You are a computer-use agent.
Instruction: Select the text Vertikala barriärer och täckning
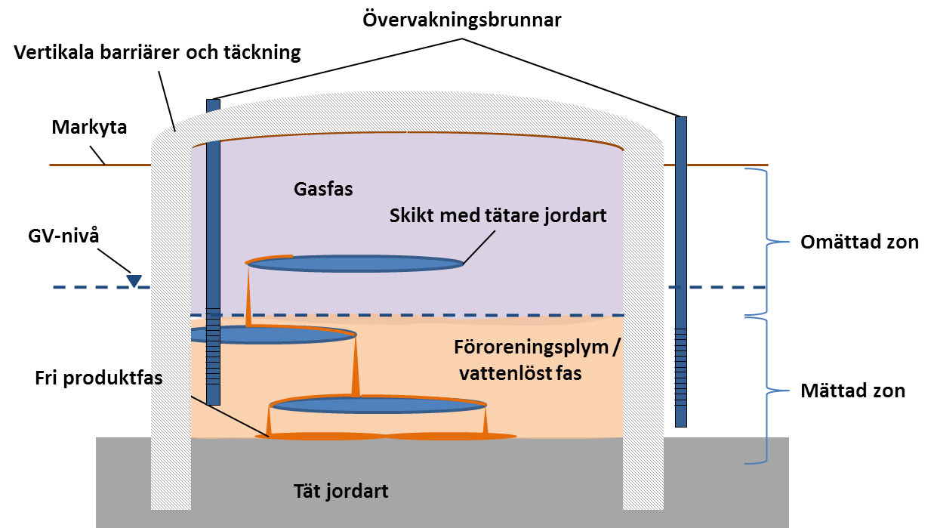pos(156,53)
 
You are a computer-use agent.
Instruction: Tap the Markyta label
pos(89,127)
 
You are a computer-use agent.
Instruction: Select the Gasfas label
pos(323,189)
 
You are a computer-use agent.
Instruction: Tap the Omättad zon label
pos(858,242)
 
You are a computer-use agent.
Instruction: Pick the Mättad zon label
pos(852,391)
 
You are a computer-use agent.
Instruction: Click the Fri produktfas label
pos(98,378)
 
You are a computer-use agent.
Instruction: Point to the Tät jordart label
pos(341,492)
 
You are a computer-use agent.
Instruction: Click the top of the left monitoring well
pos(213,103)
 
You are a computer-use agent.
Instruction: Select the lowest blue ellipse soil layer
pos(378,406)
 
